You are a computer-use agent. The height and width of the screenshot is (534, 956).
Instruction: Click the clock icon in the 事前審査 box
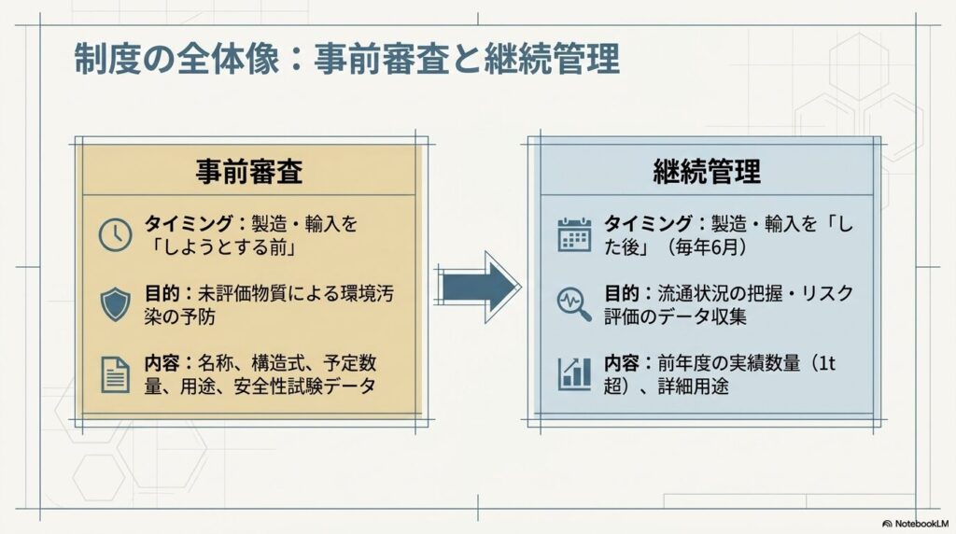(115, 234)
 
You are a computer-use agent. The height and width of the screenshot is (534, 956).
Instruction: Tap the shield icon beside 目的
(115, 304)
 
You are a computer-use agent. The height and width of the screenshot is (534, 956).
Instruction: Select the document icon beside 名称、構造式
(115, 374)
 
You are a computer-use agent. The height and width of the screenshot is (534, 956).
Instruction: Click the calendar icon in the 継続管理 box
(574, 234)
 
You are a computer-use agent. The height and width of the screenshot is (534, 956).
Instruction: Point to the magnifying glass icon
(574, 304)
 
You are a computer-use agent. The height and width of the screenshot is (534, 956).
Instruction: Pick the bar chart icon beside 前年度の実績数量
(574, 373)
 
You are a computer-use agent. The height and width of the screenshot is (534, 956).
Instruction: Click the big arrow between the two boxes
(479, 287)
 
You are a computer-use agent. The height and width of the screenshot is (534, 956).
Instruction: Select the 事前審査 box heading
(249, 171)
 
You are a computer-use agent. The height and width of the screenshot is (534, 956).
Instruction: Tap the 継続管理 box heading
(707, 171)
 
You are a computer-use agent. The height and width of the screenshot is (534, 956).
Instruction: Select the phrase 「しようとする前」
(220, 247)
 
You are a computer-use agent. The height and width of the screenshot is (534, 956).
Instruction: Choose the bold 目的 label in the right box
(622, 293)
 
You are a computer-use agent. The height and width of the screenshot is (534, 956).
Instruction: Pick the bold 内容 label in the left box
(162, 363)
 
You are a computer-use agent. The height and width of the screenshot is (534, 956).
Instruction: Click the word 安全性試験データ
(305, 386)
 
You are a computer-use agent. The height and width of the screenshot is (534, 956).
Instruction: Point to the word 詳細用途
(694, 386)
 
